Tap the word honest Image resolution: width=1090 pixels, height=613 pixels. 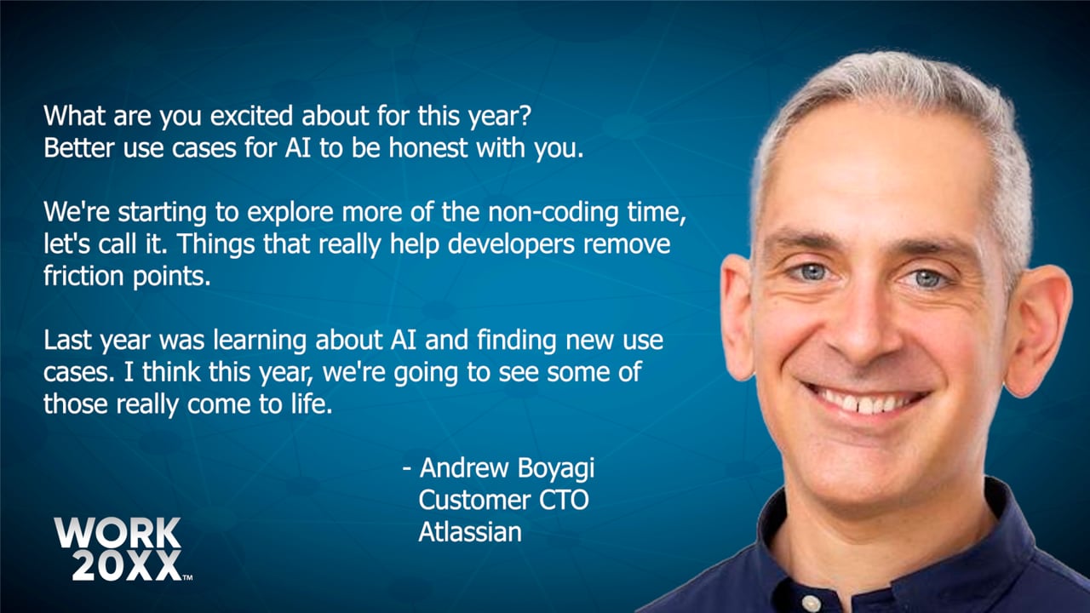428,148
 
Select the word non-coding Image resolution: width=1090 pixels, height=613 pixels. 554,213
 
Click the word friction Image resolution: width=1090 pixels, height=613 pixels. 83,276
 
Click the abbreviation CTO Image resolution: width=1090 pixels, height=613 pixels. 564,500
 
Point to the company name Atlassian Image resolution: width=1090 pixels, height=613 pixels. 470,532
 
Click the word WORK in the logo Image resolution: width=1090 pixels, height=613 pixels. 118,533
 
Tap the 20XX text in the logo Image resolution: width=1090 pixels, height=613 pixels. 127,566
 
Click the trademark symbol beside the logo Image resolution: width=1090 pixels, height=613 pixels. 187,577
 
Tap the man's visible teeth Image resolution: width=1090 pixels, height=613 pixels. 867,403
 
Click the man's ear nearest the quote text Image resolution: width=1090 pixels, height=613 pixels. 737,316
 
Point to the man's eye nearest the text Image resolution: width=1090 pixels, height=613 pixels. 812,272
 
